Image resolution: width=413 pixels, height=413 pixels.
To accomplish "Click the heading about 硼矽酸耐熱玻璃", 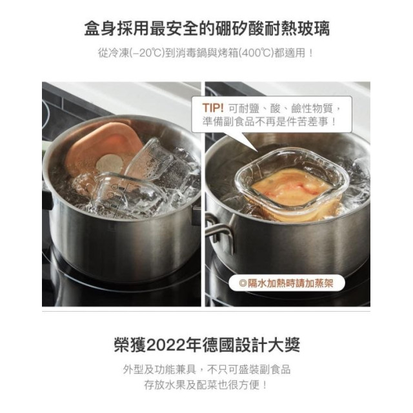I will (206, 29).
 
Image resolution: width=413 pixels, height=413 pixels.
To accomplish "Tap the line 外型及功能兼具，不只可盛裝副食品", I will (206, 369).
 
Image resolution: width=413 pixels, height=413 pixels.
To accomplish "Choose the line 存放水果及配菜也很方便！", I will (206, 385).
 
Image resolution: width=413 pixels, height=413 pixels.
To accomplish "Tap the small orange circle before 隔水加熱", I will (243, 282).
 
